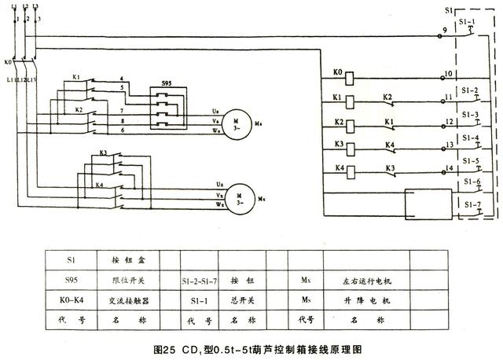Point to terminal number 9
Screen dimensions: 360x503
(444, 30)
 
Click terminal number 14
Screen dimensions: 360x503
(449, 168)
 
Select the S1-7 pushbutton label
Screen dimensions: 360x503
(471, 204)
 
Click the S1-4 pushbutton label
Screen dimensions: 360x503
(471, 138)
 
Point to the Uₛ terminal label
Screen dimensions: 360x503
(216, 112)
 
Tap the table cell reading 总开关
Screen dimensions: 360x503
(240, 299)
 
